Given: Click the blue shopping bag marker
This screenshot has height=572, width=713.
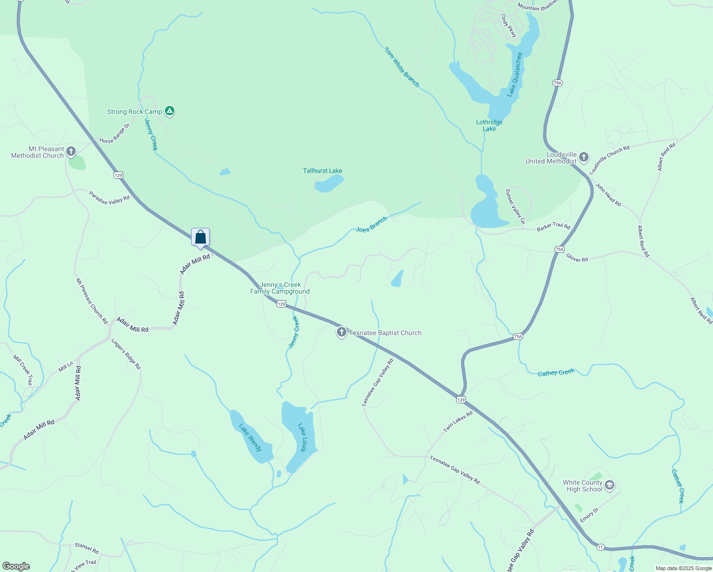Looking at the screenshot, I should pyautogui.click(x=200, y=237).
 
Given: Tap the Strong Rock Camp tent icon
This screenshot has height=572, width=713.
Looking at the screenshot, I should pyautogui.click(x=169, y=112).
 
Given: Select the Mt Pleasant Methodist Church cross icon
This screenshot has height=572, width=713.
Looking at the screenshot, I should pyautogui.click(x=71, y=152).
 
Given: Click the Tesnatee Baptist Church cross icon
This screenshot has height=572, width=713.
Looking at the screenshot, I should pyautogui.click(x=341, y=332).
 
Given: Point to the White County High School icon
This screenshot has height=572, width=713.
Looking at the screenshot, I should pyautogui.click(x=609, y=486).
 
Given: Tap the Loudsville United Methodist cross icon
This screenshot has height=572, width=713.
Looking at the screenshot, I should pyautogui.click(x=584, y=158).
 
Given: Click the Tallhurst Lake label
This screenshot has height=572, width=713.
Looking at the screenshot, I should pyautogui.click(x=323, y=171).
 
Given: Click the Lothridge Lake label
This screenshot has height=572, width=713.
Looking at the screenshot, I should pyautogui.click(x=489, y=125).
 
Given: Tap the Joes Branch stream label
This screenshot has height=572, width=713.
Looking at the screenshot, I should pyautogui.click(x=371, y=225).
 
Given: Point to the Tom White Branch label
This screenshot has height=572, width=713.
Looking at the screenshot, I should pyautogui.click(x=402, y=67).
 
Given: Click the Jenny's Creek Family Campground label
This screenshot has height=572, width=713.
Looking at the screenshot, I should pyautogui.click(x=280, y=288).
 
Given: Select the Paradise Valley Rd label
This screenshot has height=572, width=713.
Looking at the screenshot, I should pyautogui.click(x=109, y=198).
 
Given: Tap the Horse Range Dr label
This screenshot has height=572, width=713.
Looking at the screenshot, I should pyautogui.click(x=114, y=134).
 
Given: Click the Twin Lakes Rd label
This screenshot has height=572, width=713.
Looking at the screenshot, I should pyautogui.click(x=458, y=422).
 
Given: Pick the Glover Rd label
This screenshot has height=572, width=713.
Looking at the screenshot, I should pyautogui.click(x=577, y=258).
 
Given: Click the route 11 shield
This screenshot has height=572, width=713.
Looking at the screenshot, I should pyautogui.click(x=601, y=547).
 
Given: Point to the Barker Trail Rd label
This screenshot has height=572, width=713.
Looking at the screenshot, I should pyautogui.click(x=553, y=226).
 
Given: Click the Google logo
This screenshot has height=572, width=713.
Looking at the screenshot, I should pyautogui.click(x=16, y=566).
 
